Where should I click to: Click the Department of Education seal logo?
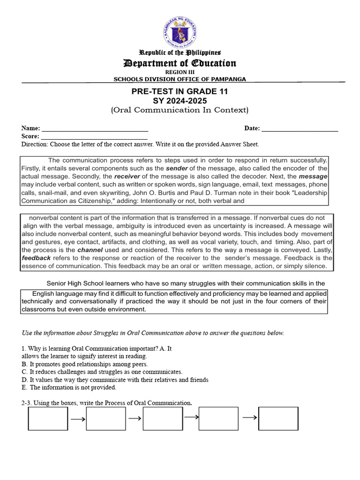(180, 31)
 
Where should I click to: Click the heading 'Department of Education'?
(180, 63)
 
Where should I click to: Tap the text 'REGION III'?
(180, 72)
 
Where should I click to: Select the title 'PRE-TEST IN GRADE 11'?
(180, 91)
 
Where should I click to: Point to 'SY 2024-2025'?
(180, 101)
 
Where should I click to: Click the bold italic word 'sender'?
(177, 168)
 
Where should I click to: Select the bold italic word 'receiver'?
(127, 176)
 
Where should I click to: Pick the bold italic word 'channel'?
(90, 250)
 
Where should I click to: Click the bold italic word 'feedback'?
(36, 258)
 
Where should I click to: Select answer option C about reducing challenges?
(102, 372)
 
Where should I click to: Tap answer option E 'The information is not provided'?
(69, 388)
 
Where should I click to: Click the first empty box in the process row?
(48, 419)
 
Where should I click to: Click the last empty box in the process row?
(278, 419)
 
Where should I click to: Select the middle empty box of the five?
(163, 419)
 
